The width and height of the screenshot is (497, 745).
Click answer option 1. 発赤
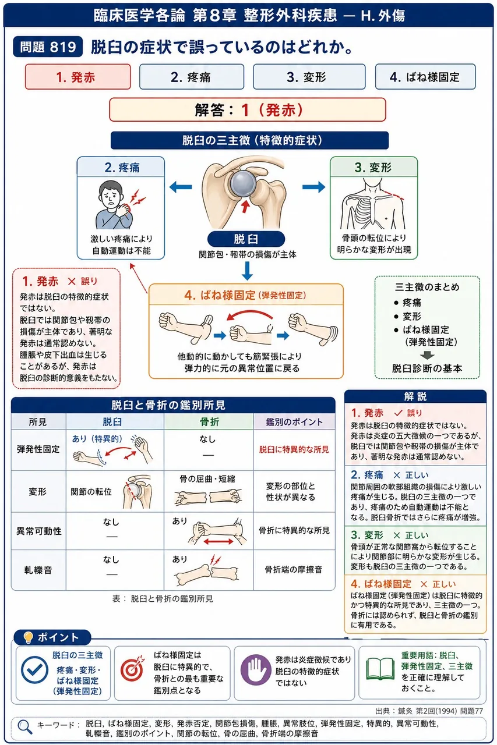[78, 77]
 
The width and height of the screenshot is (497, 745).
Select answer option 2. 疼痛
[192, 77]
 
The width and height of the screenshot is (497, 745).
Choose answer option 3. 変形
[309, 77]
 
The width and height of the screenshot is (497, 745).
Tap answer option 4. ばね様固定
[425, 77]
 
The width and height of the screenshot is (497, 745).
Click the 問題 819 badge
[48, 47]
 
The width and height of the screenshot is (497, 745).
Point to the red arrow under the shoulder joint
[245, 206]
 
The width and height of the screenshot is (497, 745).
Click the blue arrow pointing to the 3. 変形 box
[313, 187]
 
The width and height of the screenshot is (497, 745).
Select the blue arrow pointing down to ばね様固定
[247, 271]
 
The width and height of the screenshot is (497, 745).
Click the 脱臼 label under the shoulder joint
[246, 239]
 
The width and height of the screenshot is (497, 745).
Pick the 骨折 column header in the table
[209, 422]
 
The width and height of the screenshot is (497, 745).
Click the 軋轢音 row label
[38, 570]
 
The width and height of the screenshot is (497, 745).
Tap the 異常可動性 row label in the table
[39, 531]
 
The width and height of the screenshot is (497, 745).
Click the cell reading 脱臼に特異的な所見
[294, 450]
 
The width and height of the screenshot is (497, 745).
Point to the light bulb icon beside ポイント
[29, 637]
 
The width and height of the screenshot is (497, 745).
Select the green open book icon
[380, 669]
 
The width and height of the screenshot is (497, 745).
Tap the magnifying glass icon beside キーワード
[25, 727]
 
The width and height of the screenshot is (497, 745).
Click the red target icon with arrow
[132, 669]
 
